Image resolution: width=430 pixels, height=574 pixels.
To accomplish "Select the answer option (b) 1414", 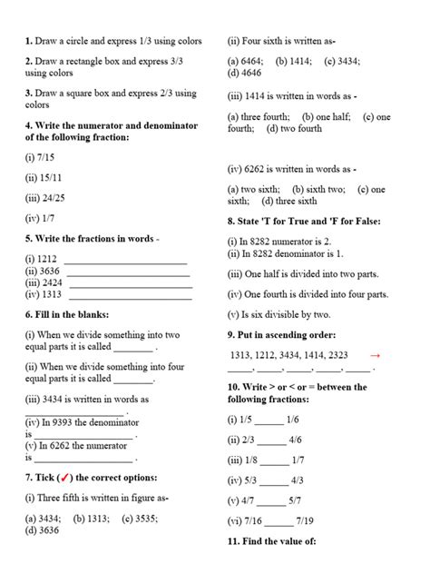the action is coord(291,62).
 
